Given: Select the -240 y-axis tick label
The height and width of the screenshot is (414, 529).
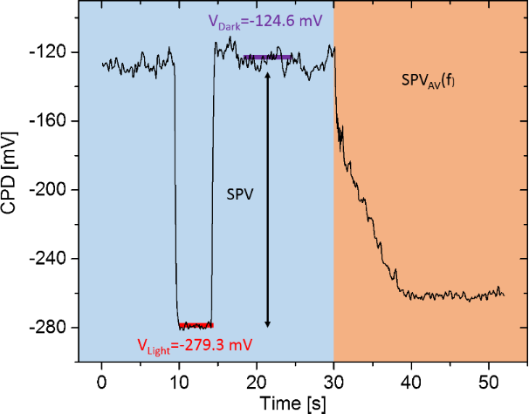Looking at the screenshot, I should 53,259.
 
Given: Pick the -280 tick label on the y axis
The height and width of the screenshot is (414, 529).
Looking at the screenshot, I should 53,328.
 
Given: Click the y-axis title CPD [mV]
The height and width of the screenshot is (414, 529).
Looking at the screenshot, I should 12,187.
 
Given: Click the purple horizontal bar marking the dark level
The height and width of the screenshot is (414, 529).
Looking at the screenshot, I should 268,58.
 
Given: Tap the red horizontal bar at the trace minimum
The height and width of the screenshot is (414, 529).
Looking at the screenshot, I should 195,326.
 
